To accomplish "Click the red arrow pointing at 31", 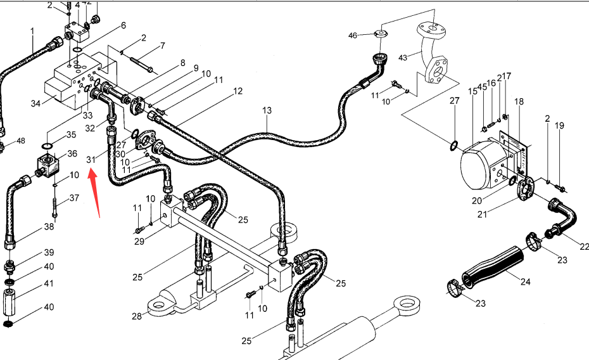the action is [94, 193].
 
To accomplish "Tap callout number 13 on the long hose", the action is [267, 110].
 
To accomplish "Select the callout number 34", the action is [35, 103].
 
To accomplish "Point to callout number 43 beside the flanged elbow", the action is [403, 58].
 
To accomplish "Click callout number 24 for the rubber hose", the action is [525, 281].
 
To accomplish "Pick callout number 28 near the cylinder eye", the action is [137, 316].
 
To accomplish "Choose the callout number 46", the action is [353, 35].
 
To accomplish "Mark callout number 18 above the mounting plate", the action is [519, 101].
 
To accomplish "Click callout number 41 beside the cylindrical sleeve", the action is [49, 283].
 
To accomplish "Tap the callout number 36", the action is [72, 153].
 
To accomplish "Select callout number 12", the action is [237, 91].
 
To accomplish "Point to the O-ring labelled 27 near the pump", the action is [453, 145].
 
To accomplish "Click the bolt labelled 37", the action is [55, 207].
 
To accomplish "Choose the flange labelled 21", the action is [525, 189].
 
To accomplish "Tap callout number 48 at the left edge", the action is [21, 141].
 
